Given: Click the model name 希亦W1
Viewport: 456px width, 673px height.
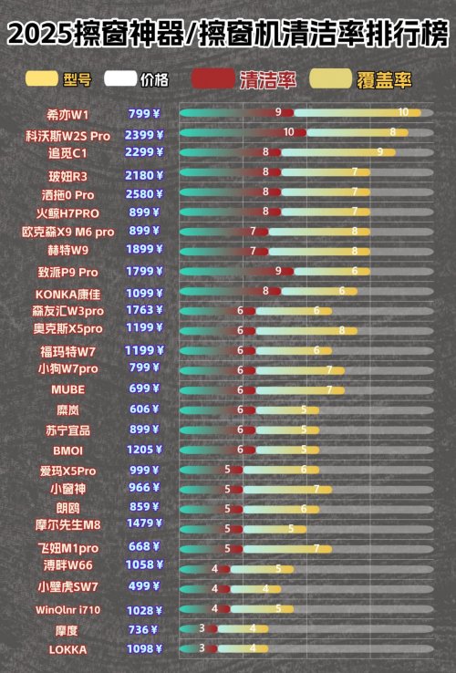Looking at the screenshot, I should point(68,114).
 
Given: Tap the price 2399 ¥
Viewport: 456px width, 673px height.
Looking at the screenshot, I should point(144,134).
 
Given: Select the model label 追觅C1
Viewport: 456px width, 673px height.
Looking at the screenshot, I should point(68,152).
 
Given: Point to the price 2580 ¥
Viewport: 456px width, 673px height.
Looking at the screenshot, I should point(144,194).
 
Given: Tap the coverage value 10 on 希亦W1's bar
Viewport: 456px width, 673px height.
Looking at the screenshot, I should point(404,112).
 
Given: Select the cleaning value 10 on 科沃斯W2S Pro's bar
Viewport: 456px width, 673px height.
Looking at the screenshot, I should point(289,132).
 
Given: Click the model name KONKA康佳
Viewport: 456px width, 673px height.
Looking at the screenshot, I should point(68,294).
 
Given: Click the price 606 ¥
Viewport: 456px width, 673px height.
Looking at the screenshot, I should point(144,409).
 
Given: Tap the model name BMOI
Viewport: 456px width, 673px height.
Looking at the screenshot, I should point(68,450).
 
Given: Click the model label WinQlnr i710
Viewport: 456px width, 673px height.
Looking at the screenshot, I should point(68,609).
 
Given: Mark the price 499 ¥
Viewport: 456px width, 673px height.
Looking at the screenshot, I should point(144,586).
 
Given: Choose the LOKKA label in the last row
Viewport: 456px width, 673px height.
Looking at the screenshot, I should point(68,649).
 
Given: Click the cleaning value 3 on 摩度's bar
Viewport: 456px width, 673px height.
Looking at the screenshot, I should point(202,628).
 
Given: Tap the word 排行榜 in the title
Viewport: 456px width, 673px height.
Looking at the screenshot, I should point(414,36).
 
